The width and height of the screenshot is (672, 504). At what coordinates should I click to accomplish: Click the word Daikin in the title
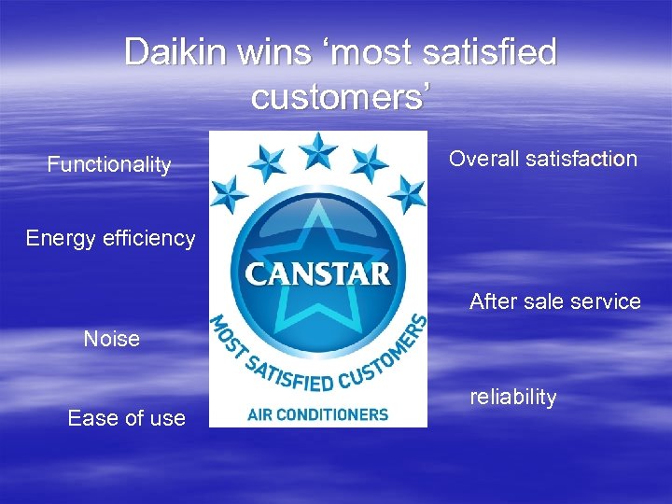(x=173, y=52)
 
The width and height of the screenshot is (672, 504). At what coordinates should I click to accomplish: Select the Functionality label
(x=109, y=165)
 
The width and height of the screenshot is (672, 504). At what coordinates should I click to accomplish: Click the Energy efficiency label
(x=110, y=238)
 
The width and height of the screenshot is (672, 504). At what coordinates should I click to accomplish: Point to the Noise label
(x=111, y=339)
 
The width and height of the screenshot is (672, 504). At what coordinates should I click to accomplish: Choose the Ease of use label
(x=126, y=418)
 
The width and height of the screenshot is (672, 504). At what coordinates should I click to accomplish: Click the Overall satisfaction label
(x=542, y=159)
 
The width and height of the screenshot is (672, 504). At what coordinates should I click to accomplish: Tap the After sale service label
(x=554, y=301)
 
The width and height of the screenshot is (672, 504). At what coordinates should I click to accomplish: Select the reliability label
(x=512, y=397)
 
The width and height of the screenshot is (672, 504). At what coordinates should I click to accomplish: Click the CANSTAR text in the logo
(x=317, y=274)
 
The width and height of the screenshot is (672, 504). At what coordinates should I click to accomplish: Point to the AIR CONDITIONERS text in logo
(x=317, y=413)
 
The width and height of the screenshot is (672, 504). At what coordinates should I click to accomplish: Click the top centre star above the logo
(x=318, y=149)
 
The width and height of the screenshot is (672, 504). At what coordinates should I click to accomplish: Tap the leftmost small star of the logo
(x=229, y=195)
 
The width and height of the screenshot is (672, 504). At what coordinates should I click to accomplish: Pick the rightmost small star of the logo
(x=407, y=194)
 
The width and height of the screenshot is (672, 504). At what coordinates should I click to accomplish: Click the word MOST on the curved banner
(x=230, y=337)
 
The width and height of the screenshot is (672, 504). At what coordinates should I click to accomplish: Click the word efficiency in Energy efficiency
(x=150, y=238)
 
